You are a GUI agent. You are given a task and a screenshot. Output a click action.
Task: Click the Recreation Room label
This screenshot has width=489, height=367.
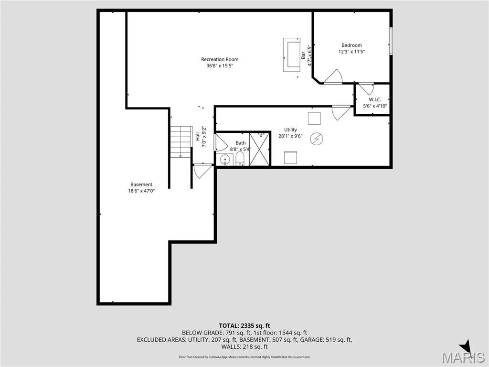coord(220,60)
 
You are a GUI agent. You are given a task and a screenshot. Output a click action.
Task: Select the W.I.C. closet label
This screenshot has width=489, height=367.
coord(375,99)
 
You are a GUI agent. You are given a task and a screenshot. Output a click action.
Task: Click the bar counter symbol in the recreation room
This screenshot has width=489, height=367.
coord(291,55)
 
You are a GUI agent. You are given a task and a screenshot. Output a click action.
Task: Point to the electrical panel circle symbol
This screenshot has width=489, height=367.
coord(316,139)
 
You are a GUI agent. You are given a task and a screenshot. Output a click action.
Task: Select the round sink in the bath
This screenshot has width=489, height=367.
coord(224,160)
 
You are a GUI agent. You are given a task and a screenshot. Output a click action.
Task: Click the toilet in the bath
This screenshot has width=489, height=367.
coord(240,159)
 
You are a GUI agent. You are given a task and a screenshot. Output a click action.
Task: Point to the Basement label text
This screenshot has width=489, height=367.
coord(141,184)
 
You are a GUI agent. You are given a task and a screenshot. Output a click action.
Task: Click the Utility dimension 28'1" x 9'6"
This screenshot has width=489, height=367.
coord(291,136)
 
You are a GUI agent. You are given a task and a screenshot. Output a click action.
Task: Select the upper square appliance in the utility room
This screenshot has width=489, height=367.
coord(314,118)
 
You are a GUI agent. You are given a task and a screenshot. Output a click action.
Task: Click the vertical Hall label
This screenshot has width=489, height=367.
coord(198,136)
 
